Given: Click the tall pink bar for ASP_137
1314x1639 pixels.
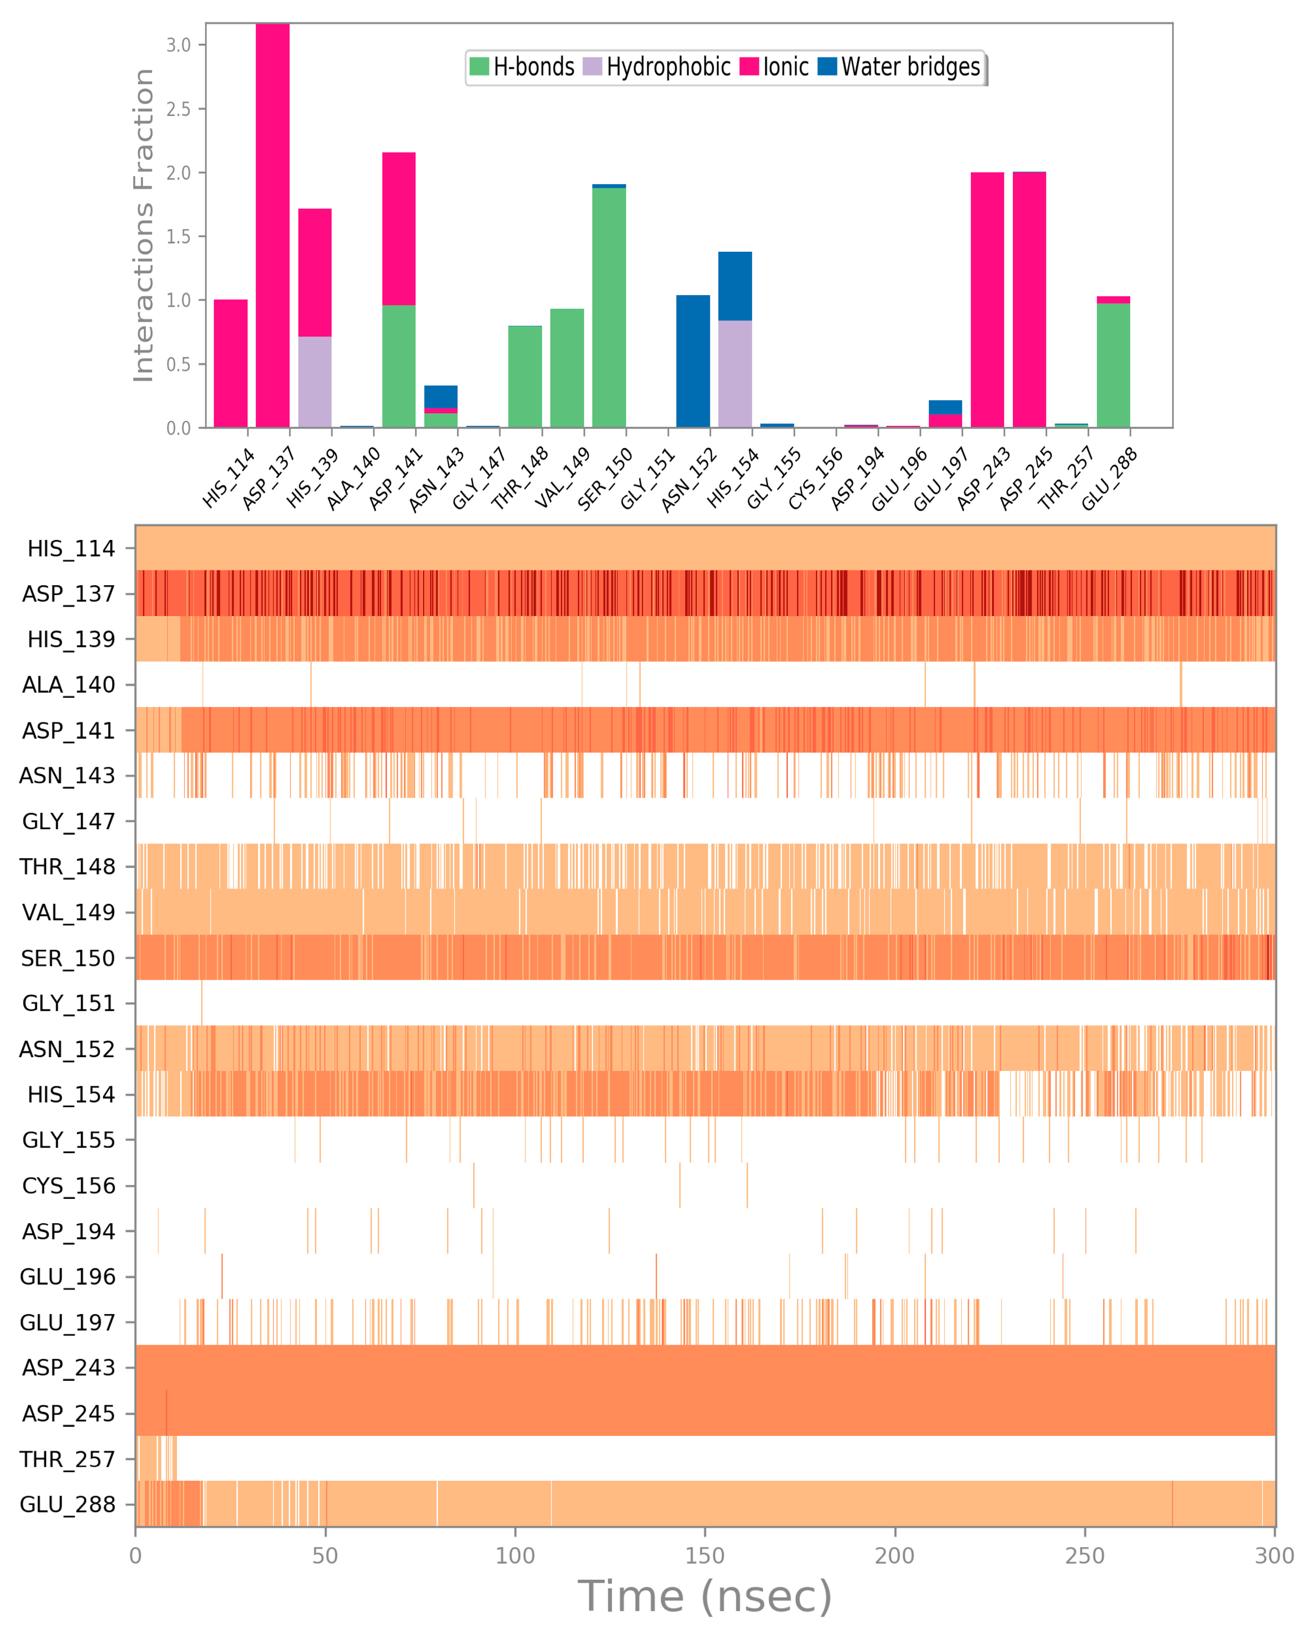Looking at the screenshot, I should tap(272, 228).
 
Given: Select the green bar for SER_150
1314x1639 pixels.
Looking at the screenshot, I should tap(609, 308).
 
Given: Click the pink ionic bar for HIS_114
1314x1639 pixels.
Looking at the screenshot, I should tap(230, 363).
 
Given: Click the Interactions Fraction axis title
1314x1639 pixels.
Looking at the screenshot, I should tap(143, 225).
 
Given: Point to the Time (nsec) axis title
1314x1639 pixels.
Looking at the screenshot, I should tap(705, 1596).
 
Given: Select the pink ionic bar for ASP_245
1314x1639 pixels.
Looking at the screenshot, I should tap(1029, 300).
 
